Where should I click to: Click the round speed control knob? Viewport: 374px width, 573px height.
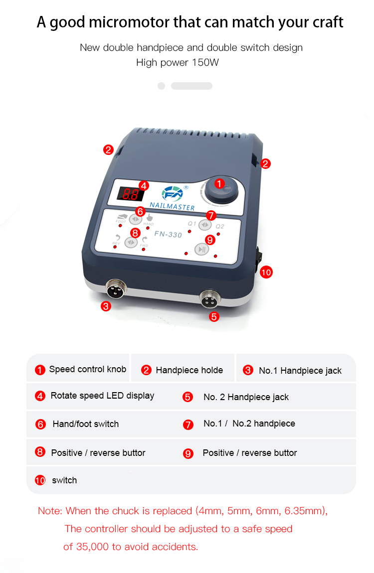pyautogui.click(x=221, y=190)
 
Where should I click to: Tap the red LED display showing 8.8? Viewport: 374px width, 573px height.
pyautogui.click(x=130, y=194)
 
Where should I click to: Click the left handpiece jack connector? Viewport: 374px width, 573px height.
pyautogui.click(x=116, y=288)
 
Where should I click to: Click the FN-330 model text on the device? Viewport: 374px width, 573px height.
pyautogui.click(x=168, y=234)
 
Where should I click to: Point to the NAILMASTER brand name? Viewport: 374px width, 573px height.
pyautogui.click(x=172, y=206)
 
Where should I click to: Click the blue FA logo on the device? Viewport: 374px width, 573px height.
pyautogui.click(x=173, y=194)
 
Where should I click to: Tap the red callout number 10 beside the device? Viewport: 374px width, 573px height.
pyautogui.click(x=266, y=272)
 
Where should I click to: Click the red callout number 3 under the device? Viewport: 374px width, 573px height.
pyautogui.click(x=106, y=306)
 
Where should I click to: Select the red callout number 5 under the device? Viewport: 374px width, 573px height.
pyautogui.click(x=214, y=316)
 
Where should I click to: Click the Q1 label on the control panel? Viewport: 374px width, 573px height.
pyautogui.click(x=192, y=223)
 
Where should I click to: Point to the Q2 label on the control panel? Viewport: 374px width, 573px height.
pyautogui.click(x=220, y=226)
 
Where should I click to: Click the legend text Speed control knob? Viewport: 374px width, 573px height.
pyautogui.click(x=88, y=369)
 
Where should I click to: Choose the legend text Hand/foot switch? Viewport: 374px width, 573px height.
pyautogui.click(x=86, y=424)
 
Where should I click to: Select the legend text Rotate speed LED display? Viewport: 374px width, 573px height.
pyautogui.click(x=102, y=396)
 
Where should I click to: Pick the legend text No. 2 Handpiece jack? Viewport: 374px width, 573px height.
pyautogui.click(x=246, y=397)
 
